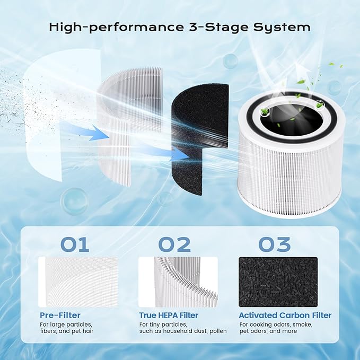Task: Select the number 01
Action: pos(75,244)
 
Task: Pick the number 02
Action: pos(175,244)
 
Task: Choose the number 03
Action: pos(275,244)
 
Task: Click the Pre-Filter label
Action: pos(60,315)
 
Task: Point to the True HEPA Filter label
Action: pos(169,315)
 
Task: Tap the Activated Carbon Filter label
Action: pos(285,315)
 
